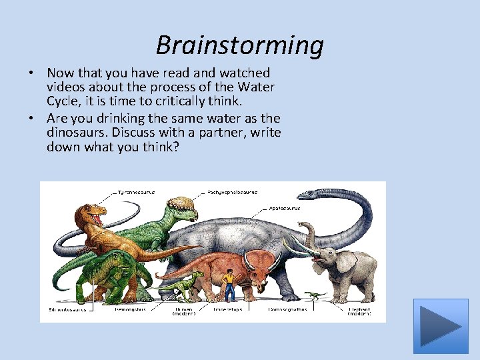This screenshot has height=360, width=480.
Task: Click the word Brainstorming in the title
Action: [239, 45]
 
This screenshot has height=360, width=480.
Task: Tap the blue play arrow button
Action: [441, 326]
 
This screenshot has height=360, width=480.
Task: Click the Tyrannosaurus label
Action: [136, 191]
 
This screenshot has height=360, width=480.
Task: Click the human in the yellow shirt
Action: [229, 284]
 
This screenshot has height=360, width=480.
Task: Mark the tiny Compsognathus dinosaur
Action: [313, 293]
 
